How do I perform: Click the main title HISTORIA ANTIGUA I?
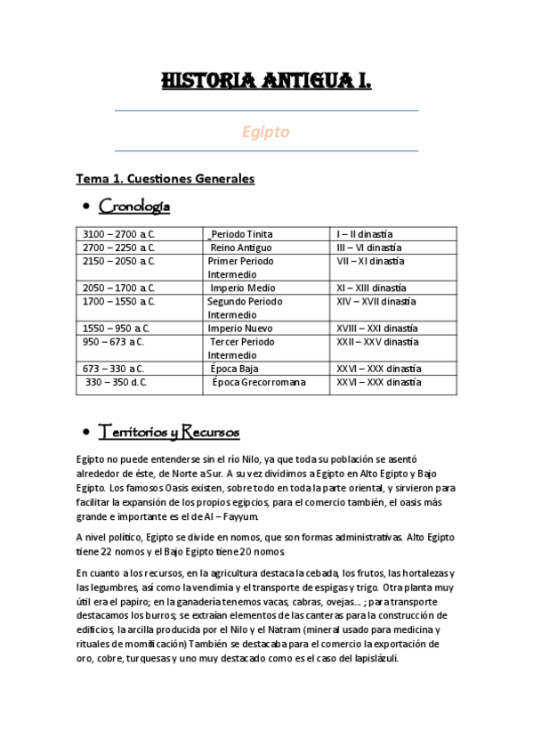pyautogui.click(x=266, y=82)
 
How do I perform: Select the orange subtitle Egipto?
pyautogui.click(x=266, y=132)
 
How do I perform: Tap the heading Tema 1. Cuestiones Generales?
pyautogui.click(x=166, y=179)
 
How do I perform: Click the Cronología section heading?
pyautogui.click(x=134, y=207)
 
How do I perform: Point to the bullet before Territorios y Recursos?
pyautogui.click(x=85, y=434)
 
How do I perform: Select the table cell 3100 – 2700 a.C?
pyautogui.click(x=118, y=234)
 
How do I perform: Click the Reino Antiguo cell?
pyautogui.click(x=241, y=248)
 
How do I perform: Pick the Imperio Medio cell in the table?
pyautogui.click(x=242, y=288)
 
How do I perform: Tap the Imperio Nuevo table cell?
pyautogui.click(x=240, y=329)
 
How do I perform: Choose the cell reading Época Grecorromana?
pyautogui.click(x=258, y=382)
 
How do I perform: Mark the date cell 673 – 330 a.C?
pyautogui.click(x=114, y=369)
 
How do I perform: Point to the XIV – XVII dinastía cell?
pyautogui.click(x=376, y=301)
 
